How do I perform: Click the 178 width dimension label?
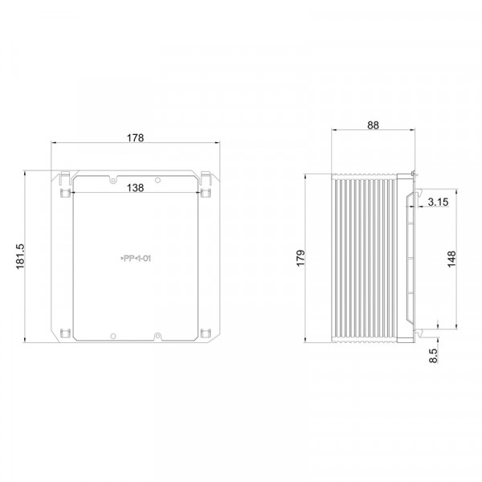click(x=136, y=137)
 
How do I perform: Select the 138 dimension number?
click(x=135, y=187)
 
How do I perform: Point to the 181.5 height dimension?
click(x=20, y=257)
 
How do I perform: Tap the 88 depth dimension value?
click(x=373, y=125)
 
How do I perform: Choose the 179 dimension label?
click(x=300, y=258)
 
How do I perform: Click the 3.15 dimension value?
click(x=438, y=202)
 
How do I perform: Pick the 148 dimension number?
click(x=451, y=259)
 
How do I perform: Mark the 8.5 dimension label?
click(x=433, y=356)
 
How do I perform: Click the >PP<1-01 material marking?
click(x=136, y=259)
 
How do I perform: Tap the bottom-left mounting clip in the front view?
click(x=65, y=333)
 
